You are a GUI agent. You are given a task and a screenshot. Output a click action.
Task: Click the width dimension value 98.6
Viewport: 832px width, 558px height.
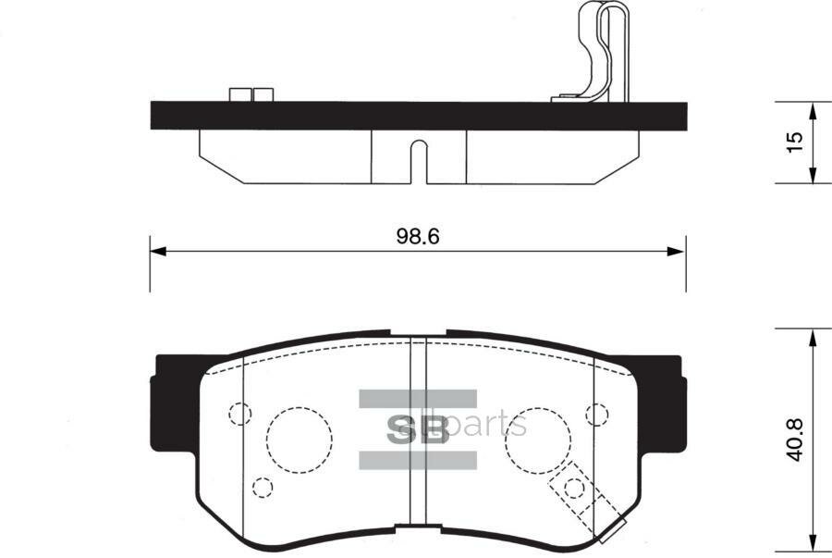[x=417, y=235]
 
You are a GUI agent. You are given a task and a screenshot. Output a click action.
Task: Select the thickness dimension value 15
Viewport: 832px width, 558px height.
[x=792, y=143]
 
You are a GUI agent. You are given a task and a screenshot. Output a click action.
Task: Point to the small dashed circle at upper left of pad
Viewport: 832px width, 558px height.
[x=239, y=414]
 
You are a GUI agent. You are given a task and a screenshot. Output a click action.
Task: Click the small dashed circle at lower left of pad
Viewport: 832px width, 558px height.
[x=263, y=487]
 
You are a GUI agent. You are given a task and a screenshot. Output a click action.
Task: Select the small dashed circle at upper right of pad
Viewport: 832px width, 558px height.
[x=596, y=414]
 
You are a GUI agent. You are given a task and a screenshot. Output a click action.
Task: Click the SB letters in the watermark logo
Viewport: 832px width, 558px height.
[x=416, y=429]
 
